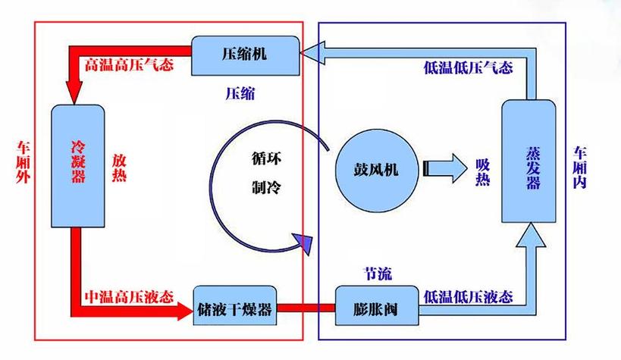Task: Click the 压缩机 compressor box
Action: [246, 55]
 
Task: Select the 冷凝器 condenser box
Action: [78, 166]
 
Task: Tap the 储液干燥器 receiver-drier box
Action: [235, 305]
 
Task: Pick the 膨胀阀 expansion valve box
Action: [377, 305]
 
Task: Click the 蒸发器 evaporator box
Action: [528, 161]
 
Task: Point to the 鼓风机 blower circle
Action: [377, 170]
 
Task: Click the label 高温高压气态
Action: [129, 64]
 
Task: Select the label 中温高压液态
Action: [129, 296]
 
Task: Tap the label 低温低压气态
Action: [468, 67]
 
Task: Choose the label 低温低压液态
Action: [468, 296]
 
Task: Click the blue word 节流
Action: [378, 274]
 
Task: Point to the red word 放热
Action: [119, 168]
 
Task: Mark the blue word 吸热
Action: [483, 172]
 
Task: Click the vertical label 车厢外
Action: [24, 162]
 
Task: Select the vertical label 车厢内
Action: [580, 167]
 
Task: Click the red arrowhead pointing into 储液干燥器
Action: [185, 310]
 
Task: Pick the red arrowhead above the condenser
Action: [74, 93]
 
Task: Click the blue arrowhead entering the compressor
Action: [312, 52]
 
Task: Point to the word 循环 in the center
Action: [267, 158]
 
